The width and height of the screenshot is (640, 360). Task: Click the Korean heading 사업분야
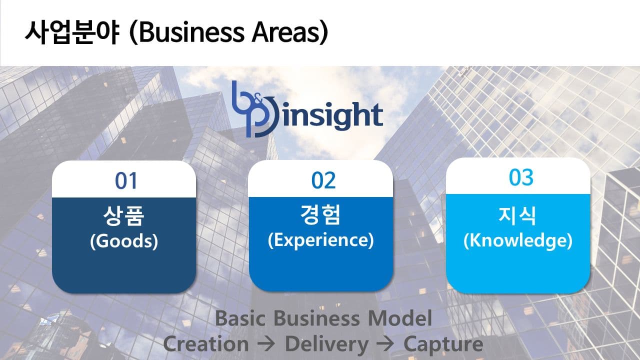(72, 32)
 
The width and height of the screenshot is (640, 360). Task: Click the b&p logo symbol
(253, 109)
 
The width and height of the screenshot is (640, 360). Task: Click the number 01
(126, 181)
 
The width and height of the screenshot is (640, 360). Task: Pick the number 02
(323, 180)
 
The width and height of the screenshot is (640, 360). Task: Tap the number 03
(521, 177)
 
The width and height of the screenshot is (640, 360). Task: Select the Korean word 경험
(320, 214)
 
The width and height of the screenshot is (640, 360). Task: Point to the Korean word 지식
(517, 215)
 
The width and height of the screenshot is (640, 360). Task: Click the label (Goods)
(123, 241)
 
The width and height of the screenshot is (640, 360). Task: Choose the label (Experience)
(320, 240)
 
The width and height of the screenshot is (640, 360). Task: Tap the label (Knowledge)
(517, 241)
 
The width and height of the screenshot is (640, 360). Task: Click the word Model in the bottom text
(400, 318)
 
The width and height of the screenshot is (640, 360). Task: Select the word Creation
(205, 343)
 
